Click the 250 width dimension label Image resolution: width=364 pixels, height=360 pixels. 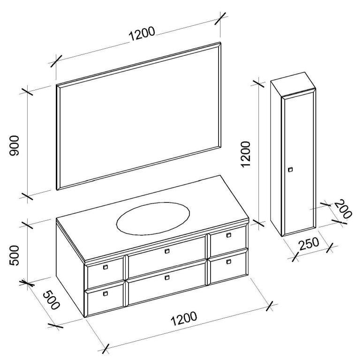pyautogui.click(x=309, y=245)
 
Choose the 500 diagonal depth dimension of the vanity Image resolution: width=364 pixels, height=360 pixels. pyautogui.click(x=52, y=300)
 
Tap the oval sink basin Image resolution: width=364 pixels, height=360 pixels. pyautogui.click(x=153, y=217)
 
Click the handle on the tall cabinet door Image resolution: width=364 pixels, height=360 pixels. pyautogui.click(x=290, y=169)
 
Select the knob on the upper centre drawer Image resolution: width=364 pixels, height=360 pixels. pyautogui.click(x=167, y=251)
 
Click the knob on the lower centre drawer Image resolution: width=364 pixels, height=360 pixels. pyautogui.click(x=167, y=277)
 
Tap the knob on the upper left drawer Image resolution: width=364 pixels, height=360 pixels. pyautogui.click(x=105, y=267)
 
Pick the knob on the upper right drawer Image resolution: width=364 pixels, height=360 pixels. pyautogui.click(x=228, y=235)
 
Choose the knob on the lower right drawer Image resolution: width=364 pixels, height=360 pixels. pyautogui.click(x=228, y=261)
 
